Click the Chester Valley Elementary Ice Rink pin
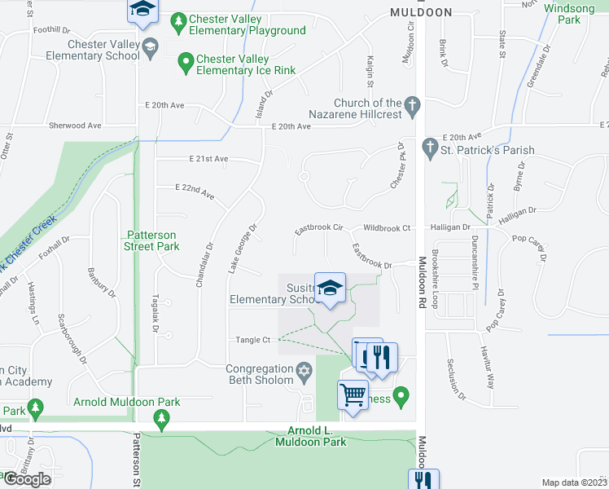186,59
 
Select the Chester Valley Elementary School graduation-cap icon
149,50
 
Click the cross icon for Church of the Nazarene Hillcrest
413,104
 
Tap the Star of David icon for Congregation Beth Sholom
304,371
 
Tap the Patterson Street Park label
152,240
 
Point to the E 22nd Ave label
195,192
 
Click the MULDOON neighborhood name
420,12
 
